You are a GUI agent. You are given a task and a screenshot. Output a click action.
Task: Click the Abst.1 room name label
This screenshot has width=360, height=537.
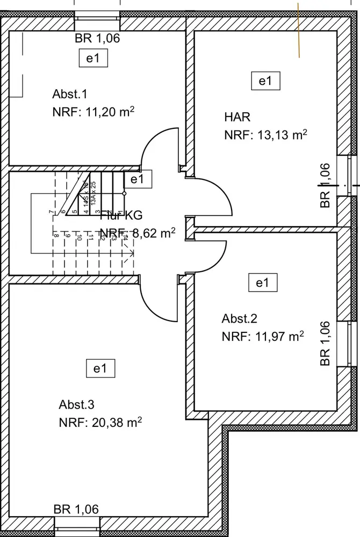[70, 95]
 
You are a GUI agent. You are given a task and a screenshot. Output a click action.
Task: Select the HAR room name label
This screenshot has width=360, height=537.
[237, 117]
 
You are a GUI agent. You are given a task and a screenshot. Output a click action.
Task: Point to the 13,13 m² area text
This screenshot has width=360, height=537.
[265, 135]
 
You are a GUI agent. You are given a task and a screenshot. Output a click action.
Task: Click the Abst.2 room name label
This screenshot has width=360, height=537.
[240, 318]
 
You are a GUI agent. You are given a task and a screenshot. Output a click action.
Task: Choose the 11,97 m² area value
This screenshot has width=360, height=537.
[263, 337]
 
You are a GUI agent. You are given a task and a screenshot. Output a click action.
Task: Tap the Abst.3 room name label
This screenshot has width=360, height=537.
[77, 404]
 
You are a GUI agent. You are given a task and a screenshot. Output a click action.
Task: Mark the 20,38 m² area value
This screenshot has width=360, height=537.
[100, 423]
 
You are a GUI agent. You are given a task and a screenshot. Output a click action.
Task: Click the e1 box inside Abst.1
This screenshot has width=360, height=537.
[93, 59]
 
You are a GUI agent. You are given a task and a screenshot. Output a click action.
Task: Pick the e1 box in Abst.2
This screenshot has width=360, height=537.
[262, 283]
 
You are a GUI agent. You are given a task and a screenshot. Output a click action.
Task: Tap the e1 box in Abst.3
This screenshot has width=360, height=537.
[100, 369]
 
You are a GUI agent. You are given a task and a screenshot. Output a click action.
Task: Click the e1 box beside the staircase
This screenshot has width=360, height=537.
[138, 179]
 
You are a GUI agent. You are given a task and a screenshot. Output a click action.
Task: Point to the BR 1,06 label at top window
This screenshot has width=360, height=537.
[97, 38]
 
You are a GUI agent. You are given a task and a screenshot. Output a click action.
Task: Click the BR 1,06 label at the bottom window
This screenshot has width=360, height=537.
[76, 509]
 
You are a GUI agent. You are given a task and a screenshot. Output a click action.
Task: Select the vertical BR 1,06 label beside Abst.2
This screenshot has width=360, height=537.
[324, 344]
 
